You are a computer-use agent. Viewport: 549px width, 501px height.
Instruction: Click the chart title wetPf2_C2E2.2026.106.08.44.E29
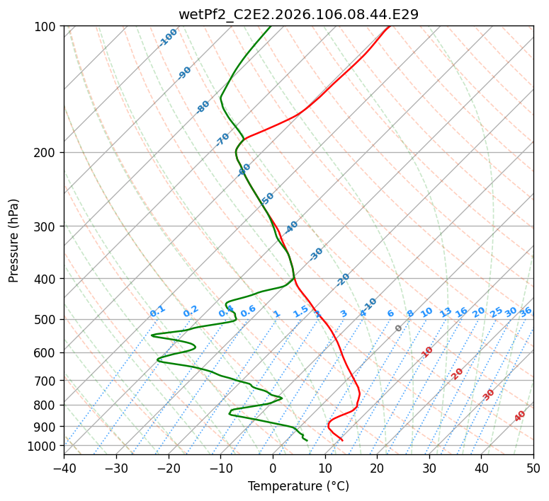point(298,14)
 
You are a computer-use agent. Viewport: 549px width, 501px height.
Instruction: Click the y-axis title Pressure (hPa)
point(14,241)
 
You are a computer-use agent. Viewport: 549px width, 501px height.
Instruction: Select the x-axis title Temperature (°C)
point(298,487)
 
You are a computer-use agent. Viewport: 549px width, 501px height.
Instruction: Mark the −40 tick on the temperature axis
point(64,468)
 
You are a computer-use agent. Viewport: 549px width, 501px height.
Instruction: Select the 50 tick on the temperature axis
point(533,468)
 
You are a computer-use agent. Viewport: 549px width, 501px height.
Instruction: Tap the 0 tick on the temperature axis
point(273,468)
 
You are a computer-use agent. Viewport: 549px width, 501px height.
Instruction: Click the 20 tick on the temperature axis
point(377,468)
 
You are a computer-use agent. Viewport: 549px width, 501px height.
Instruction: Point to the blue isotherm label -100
point(168,38)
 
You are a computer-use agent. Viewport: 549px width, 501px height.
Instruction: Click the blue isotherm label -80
point(203,107)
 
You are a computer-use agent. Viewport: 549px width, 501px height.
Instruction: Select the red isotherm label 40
point(520,416)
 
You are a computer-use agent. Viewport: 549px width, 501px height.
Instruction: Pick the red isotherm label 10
point(427,352)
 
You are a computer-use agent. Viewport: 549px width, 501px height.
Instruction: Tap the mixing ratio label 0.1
point(157,311)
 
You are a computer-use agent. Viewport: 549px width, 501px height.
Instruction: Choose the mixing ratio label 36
point(526,312)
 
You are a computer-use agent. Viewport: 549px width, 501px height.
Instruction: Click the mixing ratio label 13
point(446,312)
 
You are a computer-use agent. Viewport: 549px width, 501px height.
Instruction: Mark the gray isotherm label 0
point(399,328)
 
